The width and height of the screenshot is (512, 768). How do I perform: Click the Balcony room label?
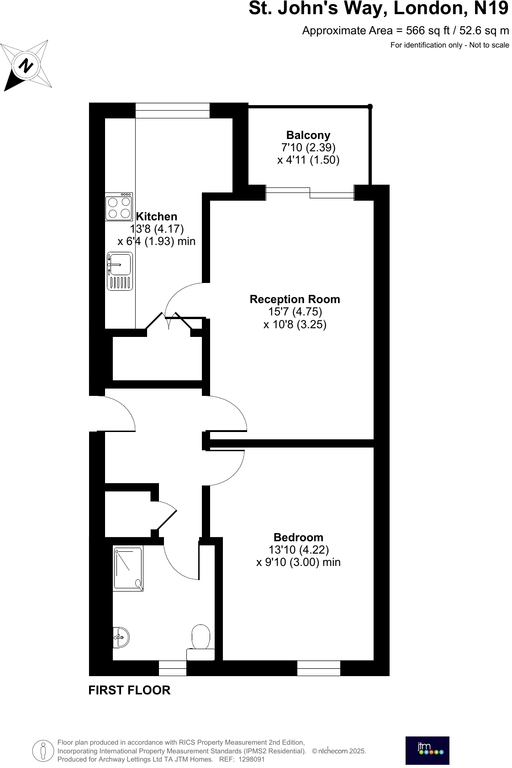[308, 135]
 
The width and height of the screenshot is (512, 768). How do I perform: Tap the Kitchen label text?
[157, 217]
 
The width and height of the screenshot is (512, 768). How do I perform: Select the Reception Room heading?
[295, 299]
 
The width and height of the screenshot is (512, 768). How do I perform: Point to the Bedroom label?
[298, 538]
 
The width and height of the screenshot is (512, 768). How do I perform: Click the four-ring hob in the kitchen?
[119, 207]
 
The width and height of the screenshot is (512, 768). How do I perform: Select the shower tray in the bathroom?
[128, 568]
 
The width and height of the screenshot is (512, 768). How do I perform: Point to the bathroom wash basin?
[121, 637]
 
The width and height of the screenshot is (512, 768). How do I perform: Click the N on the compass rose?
[26, 66]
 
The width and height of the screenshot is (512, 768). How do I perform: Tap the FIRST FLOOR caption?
[129, 690]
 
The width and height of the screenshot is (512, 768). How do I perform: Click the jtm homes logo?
[427, 750]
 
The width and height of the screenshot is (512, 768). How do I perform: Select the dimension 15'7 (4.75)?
[295, 312]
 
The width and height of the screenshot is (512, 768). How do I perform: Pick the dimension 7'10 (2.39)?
[308, 148]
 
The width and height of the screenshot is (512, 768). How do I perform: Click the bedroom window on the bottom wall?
[319, 668]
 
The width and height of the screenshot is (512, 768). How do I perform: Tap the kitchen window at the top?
[172, 110]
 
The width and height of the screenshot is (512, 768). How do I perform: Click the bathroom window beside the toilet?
[173, 668]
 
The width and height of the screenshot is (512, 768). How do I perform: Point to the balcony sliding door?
[310, 192]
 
